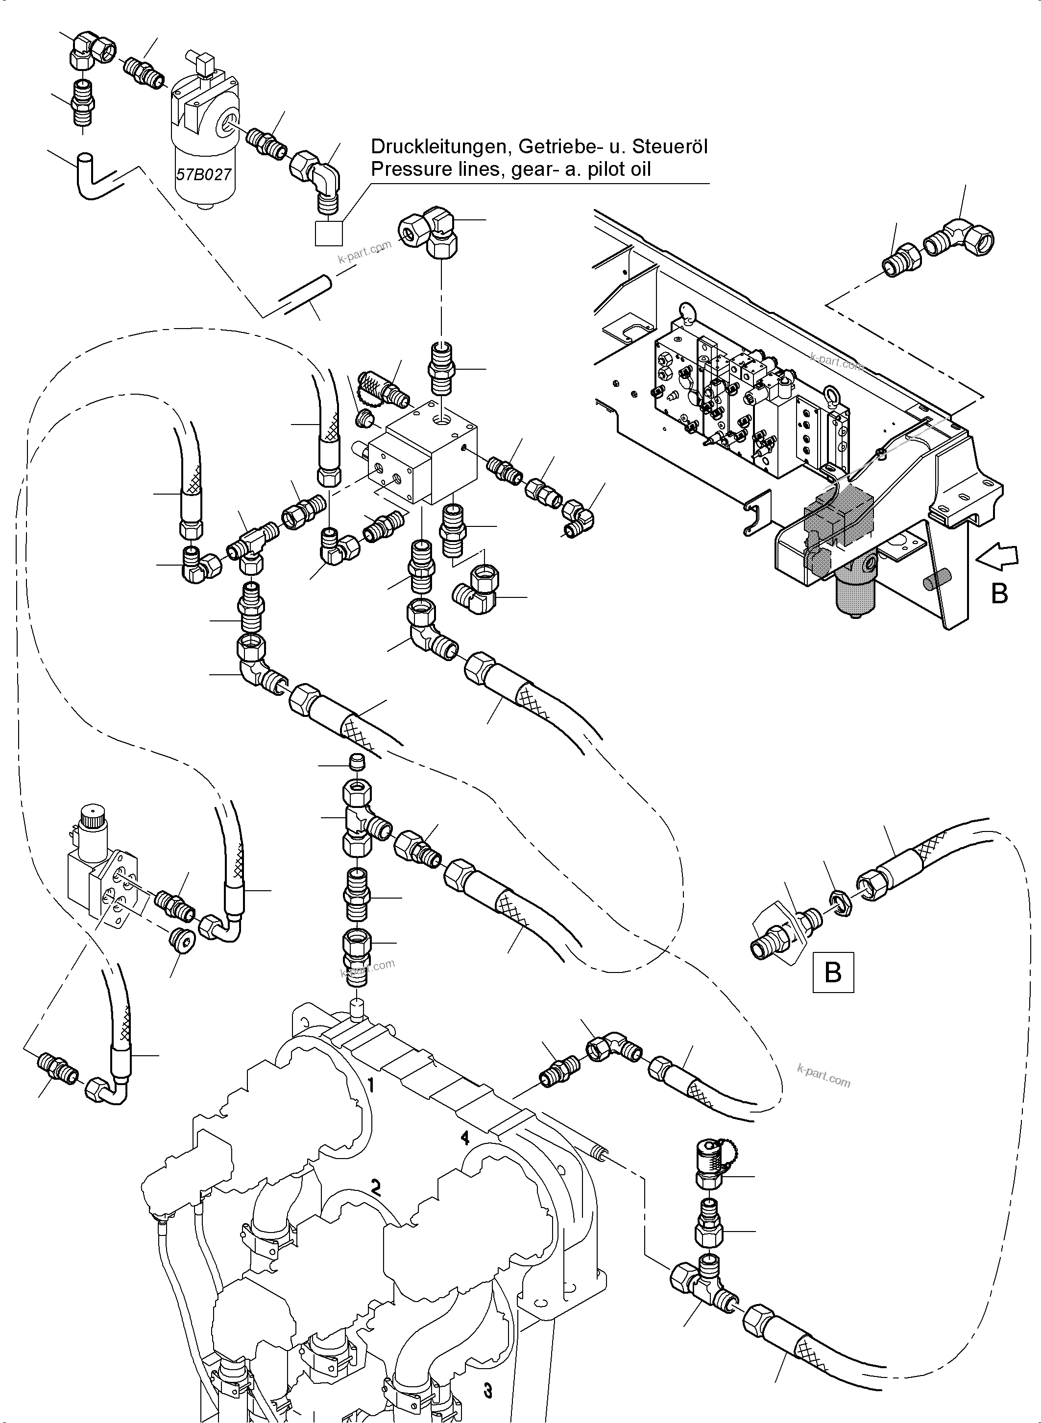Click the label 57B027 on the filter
tap(203, 174)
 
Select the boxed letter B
tap(833, 972)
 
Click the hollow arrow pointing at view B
tap(996, 555)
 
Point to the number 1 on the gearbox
tap(372, 1085)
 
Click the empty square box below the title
tap(329, 233)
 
